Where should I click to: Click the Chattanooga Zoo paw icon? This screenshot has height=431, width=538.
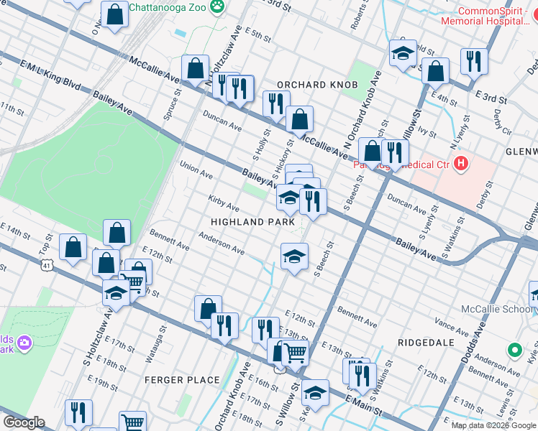[x=216, y=8]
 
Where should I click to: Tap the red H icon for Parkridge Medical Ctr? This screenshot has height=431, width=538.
[x=461, y=165]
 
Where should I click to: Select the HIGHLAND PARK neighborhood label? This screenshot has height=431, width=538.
[x=252, y=222]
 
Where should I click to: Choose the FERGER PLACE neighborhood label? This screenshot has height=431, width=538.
[x=182, y=379]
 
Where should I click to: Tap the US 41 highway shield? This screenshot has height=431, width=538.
[x=47, y=266]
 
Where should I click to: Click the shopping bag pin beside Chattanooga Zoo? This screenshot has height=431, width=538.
[x=114, y=14]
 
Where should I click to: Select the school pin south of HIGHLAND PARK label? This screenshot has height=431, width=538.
[x=293, y=256]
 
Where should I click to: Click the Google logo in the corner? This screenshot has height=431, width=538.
[x=24, y=422]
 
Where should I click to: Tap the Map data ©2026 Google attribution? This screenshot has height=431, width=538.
[x=493, y=425]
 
